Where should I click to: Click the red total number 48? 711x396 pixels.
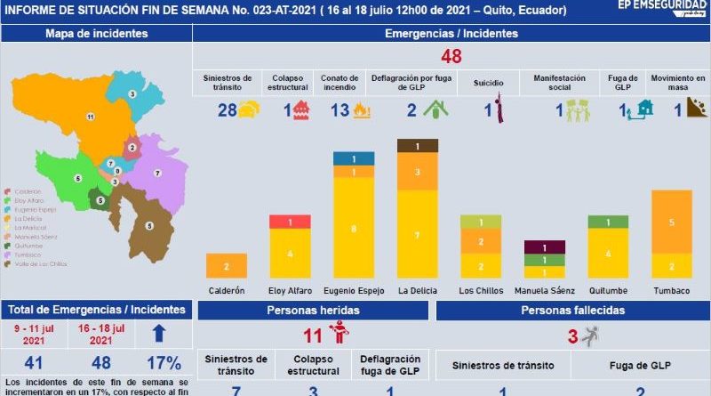pyautogui.click(x=451, y=57)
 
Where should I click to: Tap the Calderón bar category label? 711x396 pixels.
pyautogui.click(x=227, y=290)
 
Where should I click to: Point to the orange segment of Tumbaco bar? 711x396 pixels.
pyautogui.click(x=672, y=222)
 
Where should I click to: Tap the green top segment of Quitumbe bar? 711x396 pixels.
pyautogui.click(x=608, y=222)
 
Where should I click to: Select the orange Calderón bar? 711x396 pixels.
pyautogui.click(x=227, y=266)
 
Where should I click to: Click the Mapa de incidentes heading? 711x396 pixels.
pyautogui.click(x=96, y=34)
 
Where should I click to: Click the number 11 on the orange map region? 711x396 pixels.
pyautogui.click(x=90, y=117)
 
